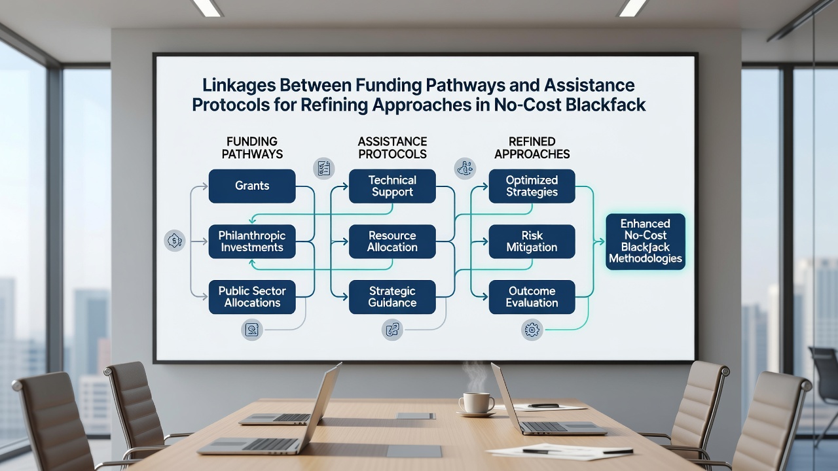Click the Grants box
252,186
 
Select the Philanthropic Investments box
252,241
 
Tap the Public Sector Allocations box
252,297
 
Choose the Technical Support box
392,186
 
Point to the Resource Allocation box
392,241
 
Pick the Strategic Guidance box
392,297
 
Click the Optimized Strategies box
532,186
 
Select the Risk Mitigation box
532,241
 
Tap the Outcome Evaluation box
532,297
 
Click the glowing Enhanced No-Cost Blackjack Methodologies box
646,241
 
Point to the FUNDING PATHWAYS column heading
252,148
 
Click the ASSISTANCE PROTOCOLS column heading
392,148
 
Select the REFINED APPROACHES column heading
532,148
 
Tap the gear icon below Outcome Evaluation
532,330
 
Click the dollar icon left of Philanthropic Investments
175,240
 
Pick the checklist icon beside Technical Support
323,168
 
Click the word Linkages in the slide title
238,86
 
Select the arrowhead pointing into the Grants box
205,186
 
